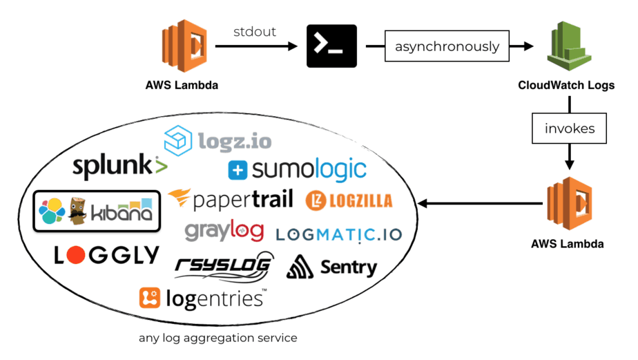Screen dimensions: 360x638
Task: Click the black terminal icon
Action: (x=331, y=46)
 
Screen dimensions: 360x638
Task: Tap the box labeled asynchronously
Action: (x=447, y=47)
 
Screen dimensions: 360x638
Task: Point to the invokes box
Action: (x=568, y=129)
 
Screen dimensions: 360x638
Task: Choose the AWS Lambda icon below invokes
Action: (x=568, y=204)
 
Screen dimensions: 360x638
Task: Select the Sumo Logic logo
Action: (x=297, y=169)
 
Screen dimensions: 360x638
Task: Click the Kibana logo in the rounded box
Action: (x=97, y=211)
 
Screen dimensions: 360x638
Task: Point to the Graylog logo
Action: (x=224, y=231)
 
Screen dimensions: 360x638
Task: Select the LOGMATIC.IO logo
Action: (x=338, y=234)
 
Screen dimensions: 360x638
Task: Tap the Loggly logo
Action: (x=106, y=255)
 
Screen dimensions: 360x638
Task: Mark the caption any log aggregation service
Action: (x=217, y=338)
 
